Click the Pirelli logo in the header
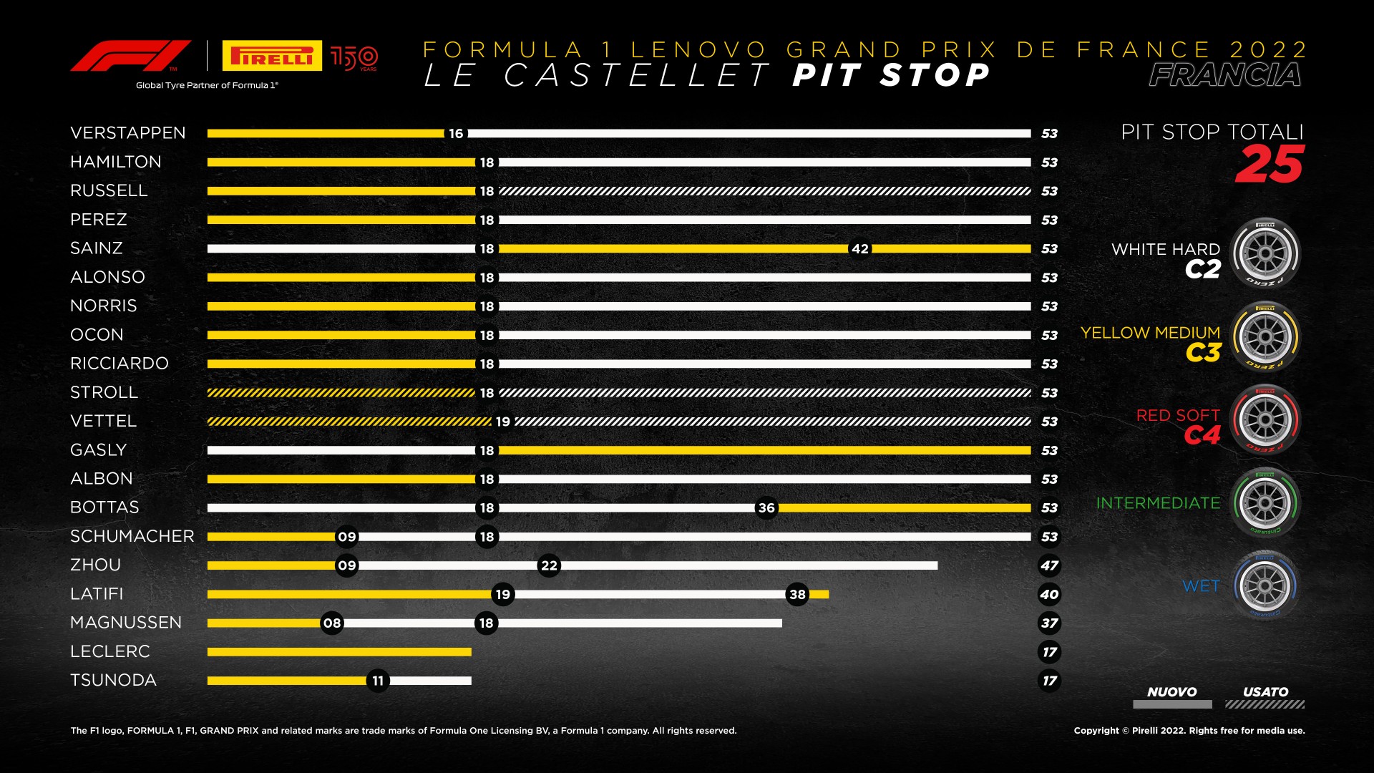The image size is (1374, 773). click(x=272, y=56)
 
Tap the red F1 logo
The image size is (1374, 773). click(x=130, y=56)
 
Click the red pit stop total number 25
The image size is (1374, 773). click(x=1269, y=165)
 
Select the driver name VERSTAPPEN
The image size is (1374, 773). click(x=128, y=133)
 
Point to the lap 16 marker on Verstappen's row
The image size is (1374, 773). click(x=456, y=134)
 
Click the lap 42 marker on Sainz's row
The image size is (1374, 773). click(x=859, y=249)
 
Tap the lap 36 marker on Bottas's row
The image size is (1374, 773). click(x=766, y=508)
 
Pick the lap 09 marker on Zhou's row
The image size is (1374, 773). click(x=347, y=565)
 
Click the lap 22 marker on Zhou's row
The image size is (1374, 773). click(x=549, y=565)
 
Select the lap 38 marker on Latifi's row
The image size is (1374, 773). click(x=797, y=594)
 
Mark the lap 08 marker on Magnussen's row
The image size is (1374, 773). click(x=332, y=623)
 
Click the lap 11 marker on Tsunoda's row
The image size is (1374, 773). click(x=378, y=681)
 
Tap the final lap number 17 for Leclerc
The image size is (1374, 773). click(x=1049, y=652)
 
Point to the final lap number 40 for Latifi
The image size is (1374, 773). click(x=1049, y=594)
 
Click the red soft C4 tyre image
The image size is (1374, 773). click(x=1265, y=420)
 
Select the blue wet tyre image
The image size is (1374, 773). click(x=1265, y=585)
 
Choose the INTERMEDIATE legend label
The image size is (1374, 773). click(x=1158, y=503)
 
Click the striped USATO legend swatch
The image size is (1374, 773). click(x=1265, y=704)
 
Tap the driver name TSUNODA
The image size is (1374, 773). click(x=113, y=680)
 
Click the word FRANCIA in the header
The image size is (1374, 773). click(x=1225, y=75)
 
